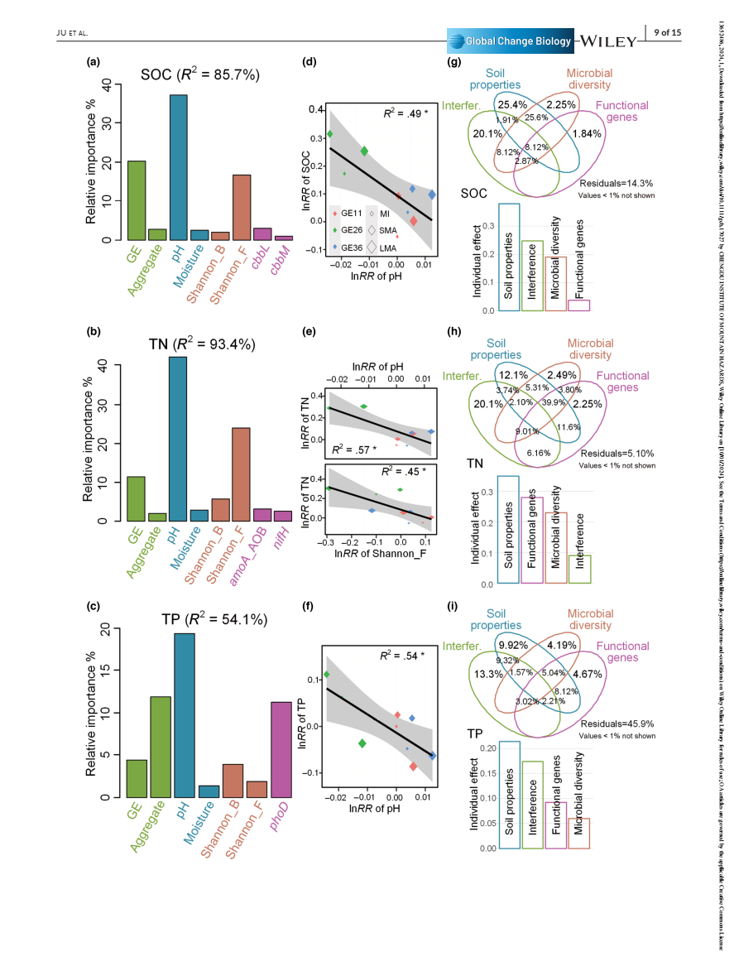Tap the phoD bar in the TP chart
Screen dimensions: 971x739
[282, 749]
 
